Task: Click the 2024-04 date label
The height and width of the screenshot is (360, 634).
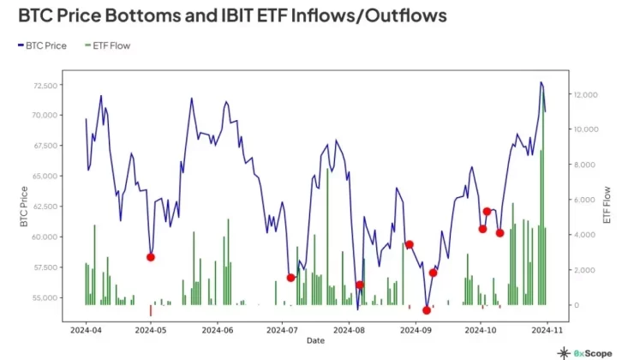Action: [x=86, y=328]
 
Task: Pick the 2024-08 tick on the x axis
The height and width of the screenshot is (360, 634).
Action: [x=349, y=328]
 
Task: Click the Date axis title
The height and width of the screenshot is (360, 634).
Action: [x=315, y=340]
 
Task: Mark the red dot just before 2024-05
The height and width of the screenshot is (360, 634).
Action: [x=151, y=257]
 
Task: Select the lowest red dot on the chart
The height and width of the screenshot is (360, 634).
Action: [x=427, y=310]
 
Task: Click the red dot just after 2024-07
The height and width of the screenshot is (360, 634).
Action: [x=291, y=278]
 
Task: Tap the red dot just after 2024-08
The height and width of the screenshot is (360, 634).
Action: [x=360, y=285]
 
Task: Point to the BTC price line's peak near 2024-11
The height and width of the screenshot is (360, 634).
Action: [x=541, y=83]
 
